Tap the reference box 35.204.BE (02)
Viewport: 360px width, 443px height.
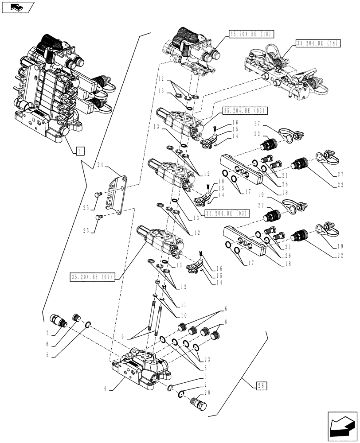point(92,277)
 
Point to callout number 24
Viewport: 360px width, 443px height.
point(100,165)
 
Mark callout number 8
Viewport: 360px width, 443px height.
point(226,322)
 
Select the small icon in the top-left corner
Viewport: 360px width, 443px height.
point(18,8)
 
